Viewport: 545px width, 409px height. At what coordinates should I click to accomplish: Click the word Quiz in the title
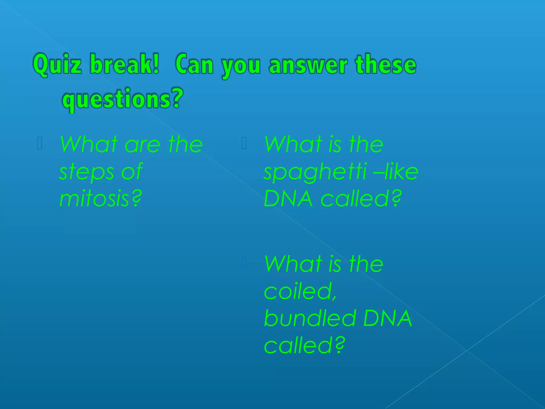click(x=57, y=65)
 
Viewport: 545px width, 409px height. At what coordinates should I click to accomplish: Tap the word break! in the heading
click(x=125, y=64)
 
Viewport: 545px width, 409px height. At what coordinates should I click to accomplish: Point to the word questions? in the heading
click(x=123, y=99)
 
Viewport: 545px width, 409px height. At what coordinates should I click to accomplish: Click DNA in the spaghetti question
click(x=288, y=199)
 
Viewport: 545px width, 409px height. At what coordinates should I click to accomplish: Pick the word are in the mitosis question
click(x=142, y=145)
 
